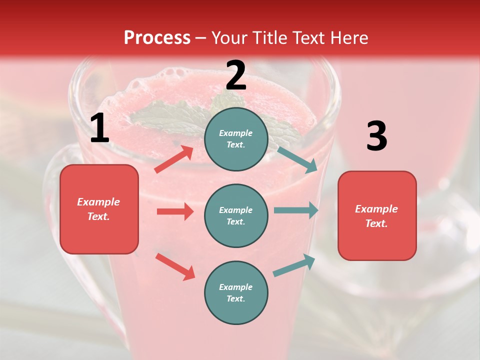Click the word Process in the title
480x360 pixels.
tap(157, 37)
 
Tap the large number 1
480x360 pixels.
tap(99, 128)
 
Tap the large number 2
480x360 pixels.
tap(235, 75)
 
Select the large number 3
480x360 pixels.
tap(376, 136)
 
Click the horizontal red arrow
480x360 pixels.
tap(175, 211)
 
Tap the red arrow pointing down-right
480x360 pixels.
tap(175, 266)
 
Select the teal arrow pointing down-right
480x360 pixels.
tap(297, 159)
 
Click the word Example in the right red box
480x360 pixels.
tap(376, 209)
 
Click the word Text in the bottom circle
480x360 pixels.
tap(235, 298)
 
